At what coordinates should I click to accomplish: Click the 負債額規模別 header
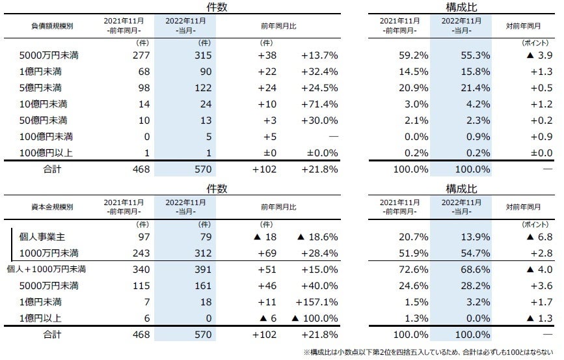tap(52, 27)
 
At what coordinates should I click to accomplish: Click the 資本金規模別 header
tap(52, 207)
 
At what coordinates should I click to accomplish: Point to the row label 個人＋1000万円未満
tap(46, 269)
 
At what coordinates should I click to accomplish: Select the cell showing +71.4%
tap(319, 104)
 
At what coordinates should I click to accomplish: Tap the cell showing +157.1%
tap(316, 301)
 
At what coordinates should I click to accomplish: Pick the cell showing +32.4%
tap(319, 72)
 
